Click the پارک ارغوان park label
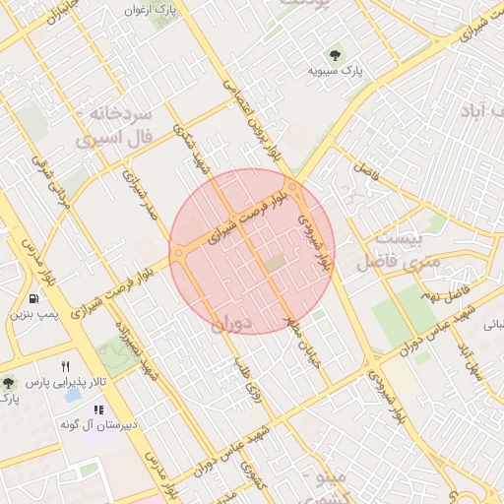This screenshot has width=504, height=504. pyautogui.click(x=149, y=9)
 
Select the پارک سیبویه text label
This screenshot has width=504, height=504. pyautogui.click(x=330, y=71)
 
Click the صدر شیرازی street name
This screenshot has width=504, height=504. pyautogui.click(x=140, y=197)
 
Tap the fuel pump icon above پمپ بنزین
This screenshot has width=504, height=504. pyautogui.click(x=35, y=298)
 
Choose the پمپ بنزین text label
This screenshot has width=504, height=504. pyautogui.click(x=35, y=315)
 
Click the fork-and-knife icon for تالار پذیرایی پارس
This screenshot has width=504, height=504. pyautogui.click(x=66, y=365)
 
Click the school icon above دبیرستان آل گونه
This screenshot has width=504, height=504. pyautogui.click(x=98, y=409)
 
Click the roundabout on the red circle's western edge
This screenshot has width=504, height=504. pyautogui.click(x=179, y=254)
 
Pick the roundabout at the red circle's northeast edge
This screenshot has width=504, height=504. pyautogui.click(x=293, y=186)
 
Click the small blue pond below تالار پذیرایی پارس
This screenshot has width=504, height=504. pyautogui.click(x=72, y=396)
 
